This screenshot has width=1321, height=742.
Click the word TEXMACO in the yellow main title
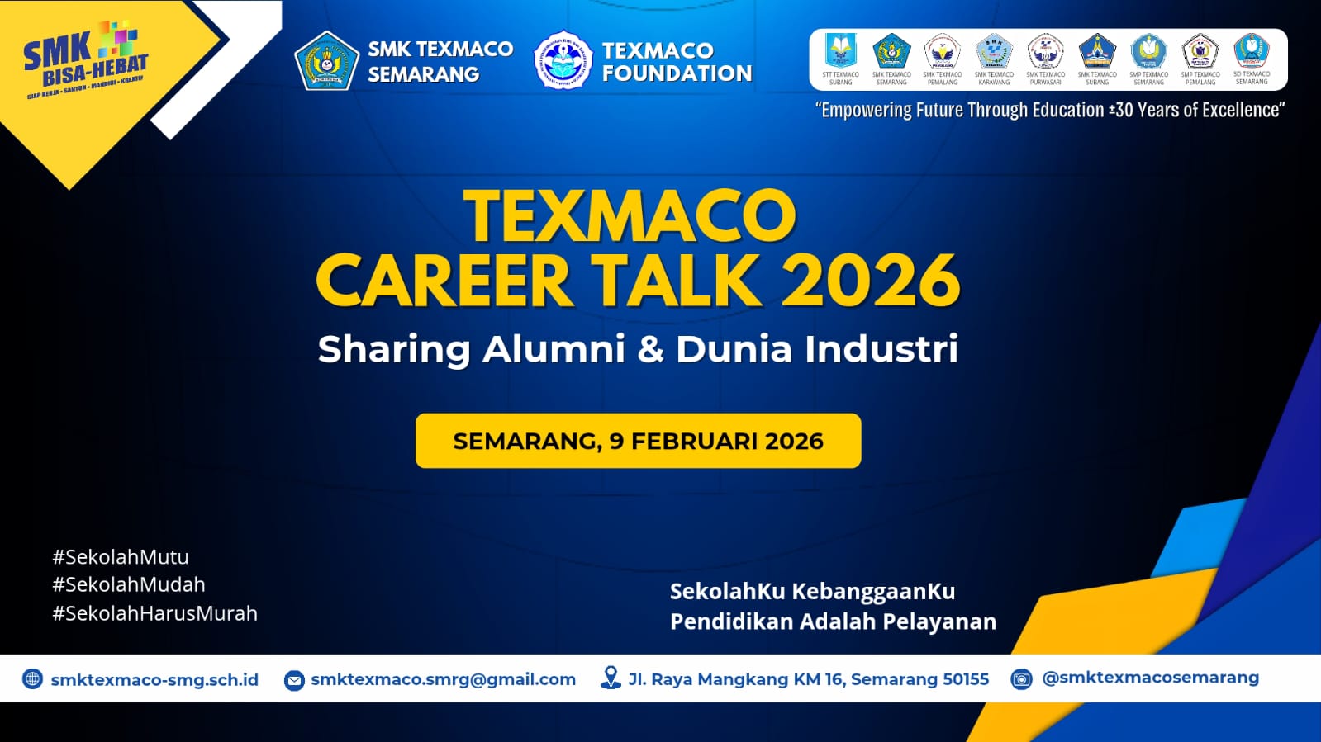[x=630, y=216]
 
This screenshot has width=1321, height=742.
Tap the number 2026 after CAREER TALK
[x=871, y=281]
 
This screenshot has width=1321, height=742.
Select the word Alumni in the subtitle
[x=554, y=349]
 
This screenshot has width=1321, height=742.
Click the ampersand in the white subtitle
[x=650, y=349]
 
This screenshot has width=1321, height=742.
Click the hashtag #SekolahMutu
[x=121, y=557]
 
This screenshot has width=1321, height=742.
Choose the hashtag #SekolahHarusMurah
[x=155, y=613]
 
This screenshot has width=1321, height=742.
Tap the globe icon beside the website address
[x=32, y=679]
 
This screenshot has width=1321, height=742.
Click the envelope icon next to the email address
[x=294, y=680]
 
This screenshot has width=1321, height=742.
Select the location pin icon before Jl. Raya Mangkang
[x=611, y=678]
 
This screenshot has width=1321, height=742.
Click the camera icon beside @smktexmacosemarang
[x=1022, y=679]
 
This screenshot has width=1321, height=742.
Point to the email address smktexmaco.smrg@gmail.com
[x=443, y=679]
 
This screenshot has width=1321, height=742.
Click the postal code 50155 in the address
[x=966, y=679]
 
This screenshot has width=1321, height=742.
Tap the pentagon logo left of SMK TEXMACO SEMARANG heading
[x=326, y=60]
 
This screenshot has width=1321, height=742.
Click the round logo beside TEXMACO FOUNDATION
[x=563, y=61]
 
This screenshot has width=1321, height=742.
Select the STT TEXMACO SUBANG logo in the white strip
[x=840, y=52]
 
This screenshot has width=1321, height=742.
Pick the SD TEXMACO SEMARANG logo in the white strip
[x=1251, y=52]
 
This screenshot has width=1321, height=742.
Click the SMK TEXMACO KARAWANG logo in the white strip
[x=994, y=52]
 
